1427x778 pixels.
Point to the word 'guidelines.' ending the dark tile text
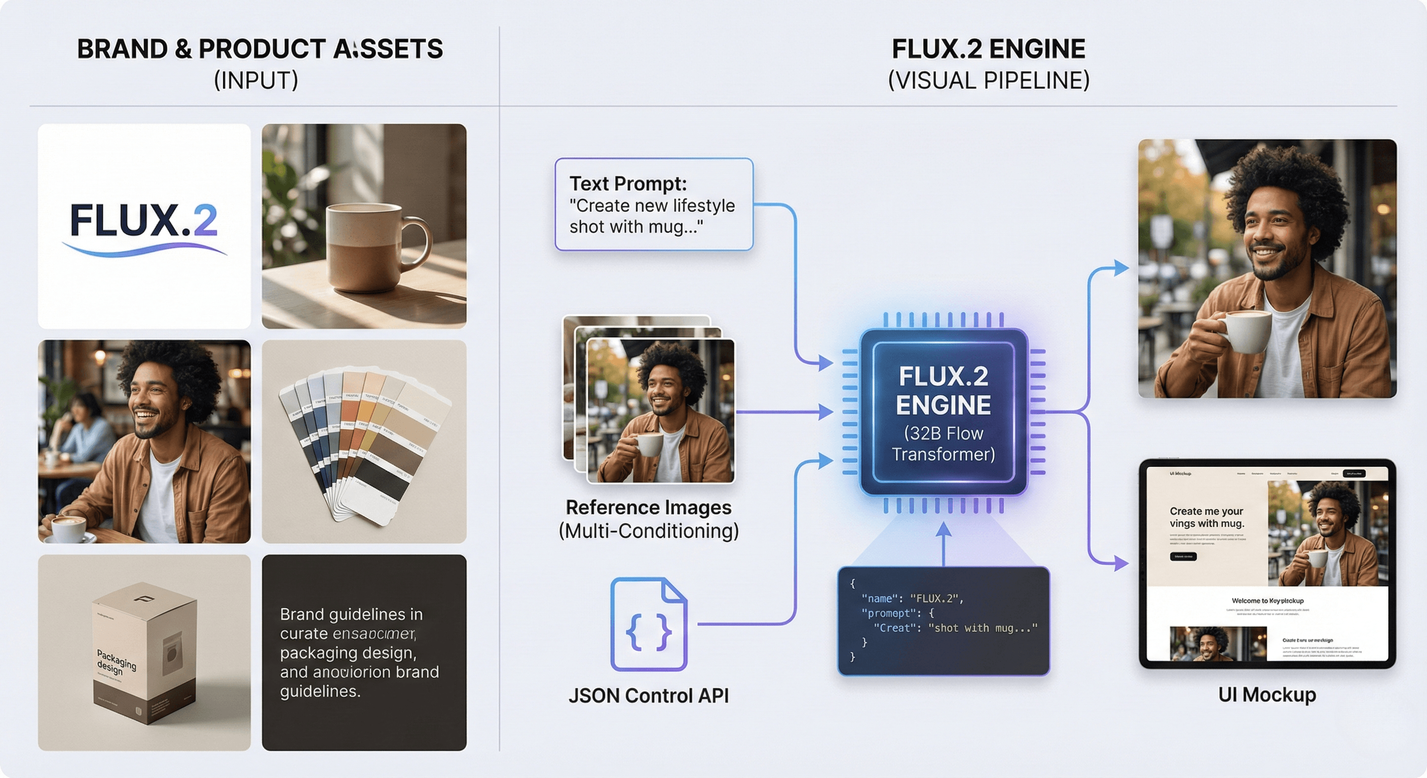coord(320,691)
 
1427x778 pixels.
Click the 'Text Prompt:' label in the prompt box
coord(628,183)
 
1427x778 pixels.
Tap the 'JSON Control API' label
coord(648,695)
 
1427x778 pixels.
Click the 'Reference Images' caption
coord(648,507)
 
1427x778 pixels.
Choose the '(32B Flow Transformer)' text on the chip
coord(944,444)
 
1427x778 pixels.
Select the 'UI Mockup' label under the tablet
coord(1266,694)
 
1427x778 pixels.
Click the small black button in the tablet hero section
coord(1183,557)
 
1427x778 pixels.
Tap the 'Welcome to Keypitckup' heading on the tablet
coord(1267,601)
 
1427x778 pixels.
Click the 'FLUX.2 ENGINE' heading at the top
coord(988,49)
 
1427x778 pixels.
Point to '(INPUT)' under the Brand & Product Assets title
coord(256,81)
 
